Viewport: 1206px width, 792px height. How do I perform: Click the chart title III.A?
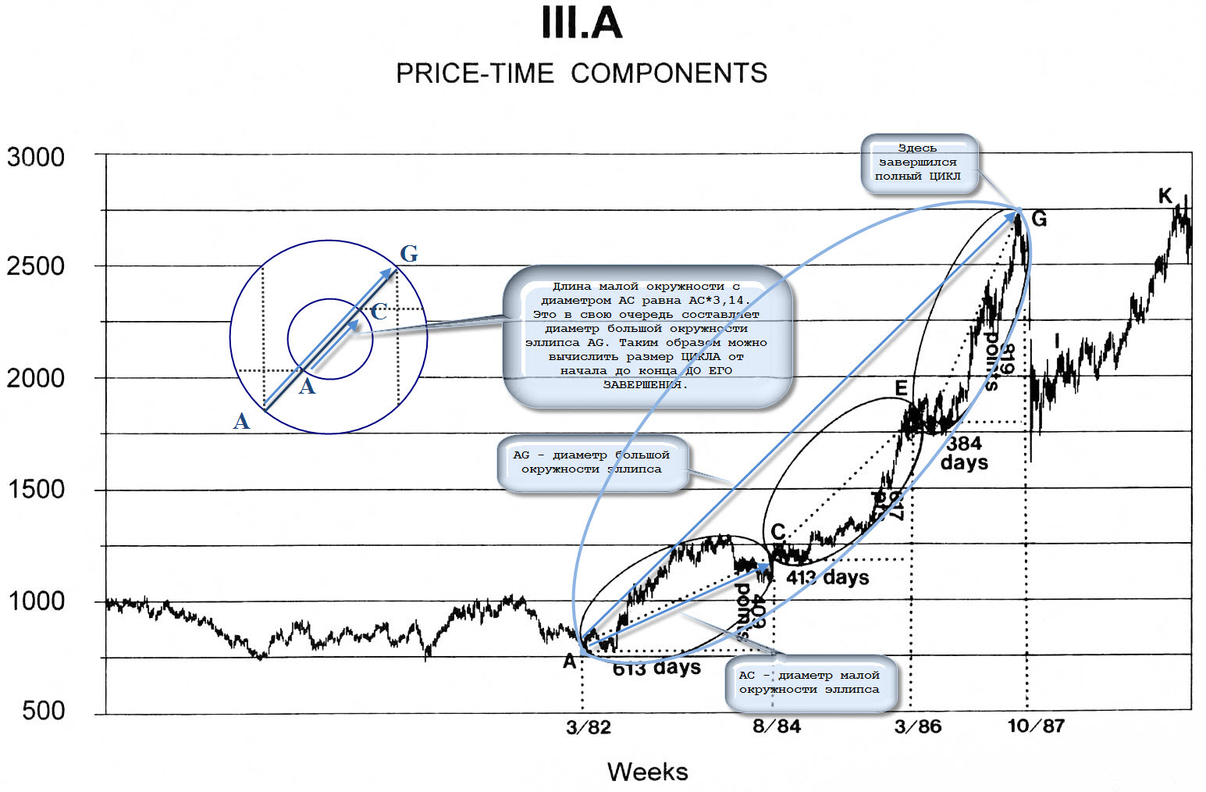(582, 23)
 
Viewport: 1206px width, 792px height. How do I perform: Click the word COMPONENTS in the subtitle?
(669, 73)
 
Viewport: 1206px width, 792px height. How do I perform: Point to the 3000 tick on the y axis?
(36, 157)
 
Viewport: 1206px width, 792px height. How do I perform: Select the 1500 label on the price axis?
(36, 490)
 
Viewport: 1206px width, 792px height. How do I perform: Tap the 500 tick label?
(44, 711)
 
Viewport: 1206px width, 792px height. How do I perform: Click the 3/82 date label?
(589, 728)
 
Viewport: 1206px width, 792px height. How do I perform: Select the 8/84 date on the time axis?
(777, 726)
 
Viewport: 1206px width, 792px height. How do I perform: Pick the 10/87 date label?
(1036, 726)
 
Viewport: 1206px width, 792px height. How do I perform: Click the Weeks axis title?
(648, 772)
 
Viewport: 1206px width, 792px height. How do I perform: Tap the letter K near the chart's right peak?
(1165, 196)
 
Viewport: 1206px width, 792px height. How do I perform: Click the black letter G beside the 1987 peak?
(1039, 219)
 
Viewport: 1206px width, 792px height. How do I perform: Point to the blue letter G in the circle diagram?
(409, 254)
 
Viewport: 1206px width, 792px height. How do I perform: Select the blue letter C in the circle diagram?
(379, 312)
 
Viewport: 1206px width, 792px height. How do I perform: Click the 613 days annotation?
(656, 669)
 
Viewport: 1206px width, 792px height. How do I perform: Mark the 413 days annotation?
(827, 578)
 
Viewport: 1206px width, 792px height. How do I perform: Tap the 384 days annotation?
(965, 453)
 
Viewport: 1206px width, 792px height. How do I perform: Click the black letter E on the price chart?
(902, 388)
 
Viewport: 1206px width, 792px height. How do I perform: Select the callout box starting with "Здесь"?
(919, 162)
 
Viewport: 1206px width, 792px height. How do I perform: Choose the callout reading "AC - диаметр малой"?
(809, 683)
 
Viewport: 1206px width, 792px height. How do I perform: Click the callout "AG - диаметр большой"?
(592, 462)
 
